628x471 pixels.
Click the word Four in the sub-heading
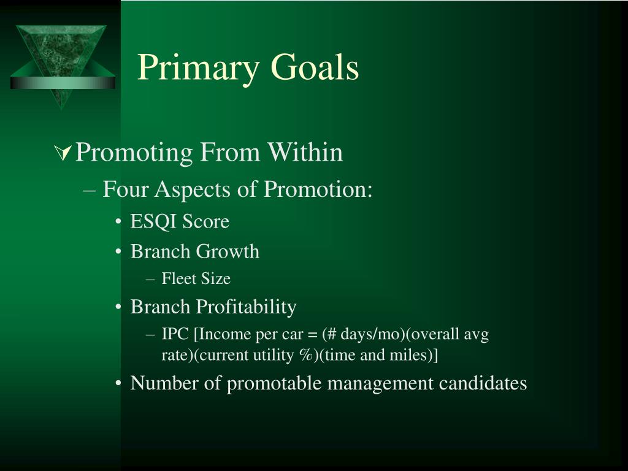(x=126, y=189)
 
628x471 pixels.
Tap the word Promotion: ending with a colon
(x=318, y=189)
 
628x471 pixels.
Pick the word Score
(x=205, y=221)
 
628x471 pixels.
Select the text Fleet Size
(x=196, y=278)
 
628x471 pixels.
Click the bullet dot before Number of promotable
(x=118, y=384)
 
